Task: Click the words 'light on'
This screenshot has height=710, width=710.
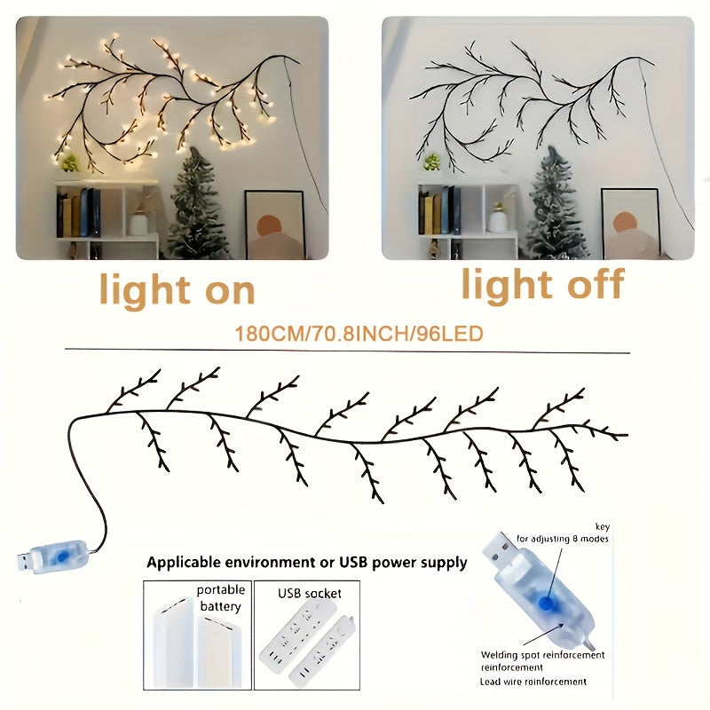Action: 177,289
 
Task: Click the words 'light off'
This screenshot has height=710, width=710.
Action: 542,286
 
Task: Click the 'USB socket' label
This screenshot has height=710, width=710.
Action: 310,592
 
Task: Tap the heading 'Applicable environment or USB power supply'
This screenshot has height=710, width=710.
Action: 306,562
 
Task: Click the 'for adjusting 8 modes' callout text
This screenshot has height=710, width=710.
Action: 563,540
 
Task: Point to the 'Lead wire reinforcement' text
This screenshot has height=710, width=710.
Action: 533,682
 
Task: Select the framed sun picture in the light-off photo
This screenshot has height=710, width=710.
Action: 629,223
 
